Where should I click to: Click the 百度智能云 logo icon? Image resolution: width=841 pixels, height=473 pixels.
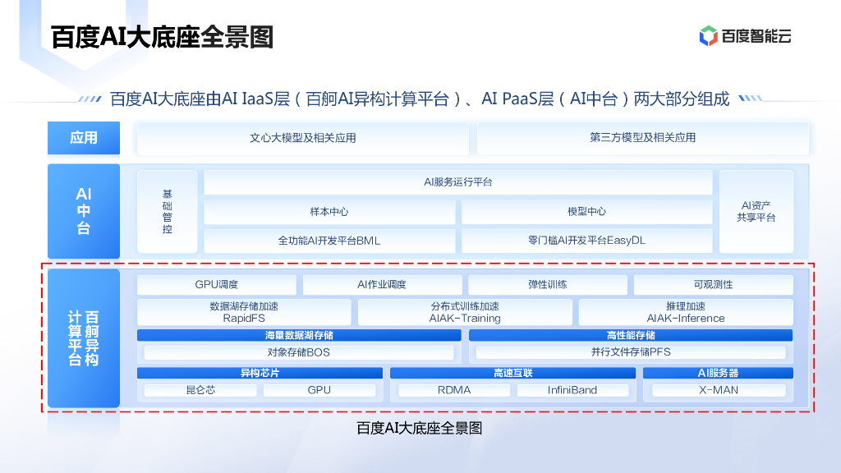708,36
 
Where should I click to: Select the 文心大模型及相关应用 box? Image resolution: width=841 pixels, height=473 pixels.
302,138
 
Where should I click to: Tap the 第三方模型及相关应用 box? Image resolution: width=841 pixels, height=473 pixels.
642,138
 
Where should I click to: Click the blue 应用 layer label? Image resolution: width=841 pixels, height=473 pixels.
84,138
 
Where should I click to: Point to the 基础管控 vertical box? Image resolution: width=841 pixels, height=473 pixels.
168,212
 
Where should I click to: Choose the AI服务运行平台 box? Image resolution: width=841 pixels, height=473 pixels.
457,182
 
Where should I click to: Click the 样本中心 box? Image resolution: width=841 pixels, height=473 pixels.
329,212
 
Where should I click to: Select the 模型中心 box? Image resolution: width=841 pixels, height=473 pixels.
586,212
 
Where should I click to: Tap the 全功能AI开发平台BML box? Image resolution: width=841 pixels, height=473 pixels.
329,241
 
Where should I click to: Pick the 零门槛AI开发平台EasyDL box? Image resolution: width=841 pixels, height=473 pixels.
586,241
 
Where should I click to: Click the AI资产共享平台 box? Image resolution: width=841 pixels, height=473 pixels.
756,212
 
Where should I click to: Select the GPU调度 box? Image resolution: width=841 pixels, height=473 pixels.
217,285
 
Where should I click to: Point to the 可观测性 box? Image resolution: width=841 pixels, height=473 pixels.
713,285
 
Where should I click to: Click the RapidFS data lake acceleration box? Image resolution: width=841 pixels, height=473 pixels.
244,312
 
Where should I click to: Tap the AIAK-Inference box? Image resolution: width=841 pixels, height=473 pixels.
686,312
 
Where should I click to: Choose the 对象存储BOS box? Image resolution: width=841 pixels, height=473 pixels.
298,352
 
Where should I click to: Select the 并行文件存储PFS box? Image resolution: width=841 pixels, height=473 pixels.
631,352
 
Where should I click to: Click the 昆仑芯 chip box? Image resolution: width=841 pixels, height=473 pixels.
200,390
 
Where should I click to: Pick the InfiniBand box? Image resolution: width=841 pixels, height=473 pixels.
572,390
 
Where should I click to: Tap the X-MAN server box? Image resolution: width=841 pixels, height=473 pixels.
719,390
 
